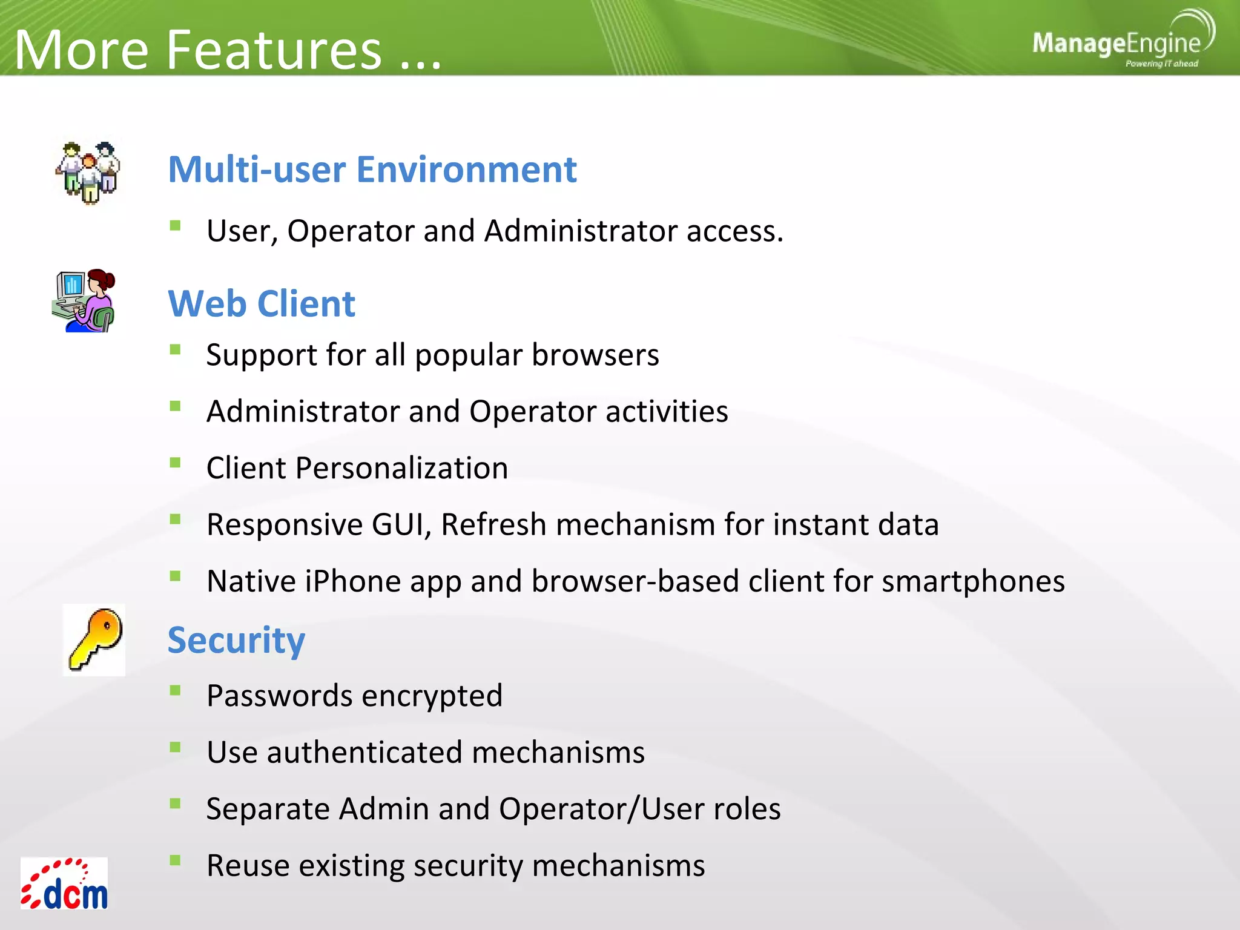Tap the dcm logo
[x=64, y=884]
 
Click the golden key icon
[x=94, y=639]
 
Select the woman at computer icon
[x=84, y=301]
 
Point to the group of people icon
[x=88, y=173]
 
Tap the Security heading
[x=236, y=641]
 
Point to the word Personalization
[x=401, y=468]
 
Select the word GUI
[x=401, y=524]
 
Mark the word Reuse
[x=248, y=866]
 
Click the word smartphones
[x=973, y=581]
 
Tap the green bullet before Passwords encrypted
[x=176, y=690]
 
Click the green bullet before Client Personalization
[x=176, y=463]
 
